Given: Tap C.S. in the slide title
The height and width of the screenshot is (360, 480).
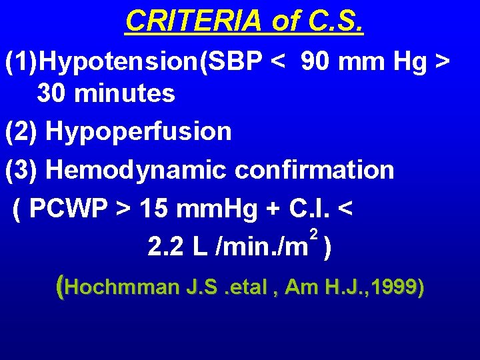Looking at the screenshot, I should (x=337, y=21).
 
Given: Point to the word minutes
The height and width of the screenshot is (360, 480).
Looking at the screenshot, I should (x=126, y=93).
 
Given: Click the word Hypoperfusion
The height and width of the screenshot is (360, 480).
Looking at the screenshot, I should (x=139, y=131).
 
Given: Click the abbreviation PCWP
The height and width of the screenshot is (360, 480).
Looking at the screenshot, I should (x=70, y=209).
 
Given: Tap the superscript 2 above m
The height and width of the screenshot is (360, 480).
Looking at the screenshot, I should (x=313, y=233).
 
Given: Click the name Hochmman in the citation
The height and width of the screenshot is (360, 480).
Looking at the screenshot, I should (x=124, y=287).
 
